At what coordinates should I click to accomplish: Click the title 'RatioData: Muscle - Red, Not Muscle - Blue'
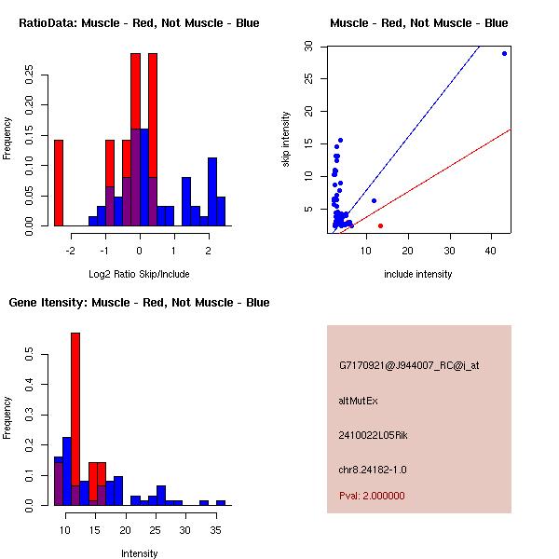click(139, 22)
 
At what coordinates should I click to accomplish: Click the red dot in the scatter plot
click(380, 225)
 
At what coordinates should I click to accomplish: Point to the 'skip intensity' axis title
click(287, 140)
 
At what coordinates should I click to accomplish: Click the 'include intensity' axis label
click(418, 274)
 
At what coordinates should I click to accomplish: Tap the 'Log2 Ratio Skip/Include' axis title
click(139, 274)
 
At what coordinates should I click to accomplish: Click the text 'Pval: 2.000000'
click(372, 496)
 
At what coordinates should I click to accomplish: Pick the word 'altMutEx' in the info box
click(359, 401)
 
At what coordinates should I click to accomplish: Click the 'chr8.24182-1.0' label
click(373, 469)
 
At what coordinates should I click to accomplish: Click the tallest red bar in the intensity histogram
click(75, 419)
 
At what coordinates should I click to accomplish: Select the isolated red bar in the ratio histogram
click(59, 183)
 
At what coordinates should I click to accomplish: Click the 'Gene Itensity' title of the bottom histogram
click(139, 303)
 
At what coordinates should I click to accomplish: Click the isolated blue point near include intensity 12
click(374, 200)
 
